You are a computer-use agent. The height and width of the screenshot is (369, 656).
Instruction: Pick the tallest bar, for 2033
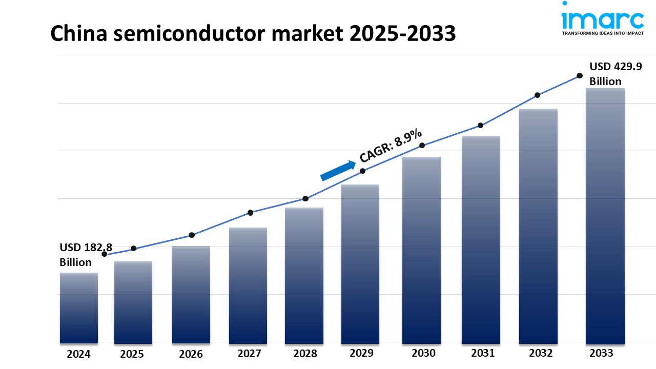(605, 215)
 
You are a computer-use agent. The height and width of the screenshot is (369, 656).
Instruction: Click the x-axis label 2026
(191, 354)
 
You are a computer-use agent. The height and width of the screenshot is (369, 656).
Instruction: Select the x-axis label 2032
(540, 353)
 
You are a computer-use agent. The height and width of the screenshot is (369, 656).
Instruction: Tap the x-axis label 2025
(132, 354)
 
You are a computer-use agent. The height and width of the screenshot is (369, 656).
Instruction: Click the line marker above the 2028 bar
(305, 198)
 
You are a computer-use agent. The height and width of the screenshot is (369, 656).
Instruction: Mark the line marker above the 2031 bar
(480, 125)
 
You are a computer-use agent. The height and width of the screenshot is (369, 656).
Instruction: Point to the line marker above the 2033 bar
(580, 75)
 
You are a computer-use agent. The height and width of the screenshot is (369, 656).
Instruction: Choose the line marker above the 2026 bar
(192, 235)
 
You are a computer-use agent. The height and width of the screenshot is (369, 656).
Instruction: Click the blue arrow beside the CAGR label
(338, 171)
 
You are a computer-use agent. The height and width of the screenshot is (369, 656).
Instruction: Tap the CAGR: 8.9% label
(391, 146)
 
